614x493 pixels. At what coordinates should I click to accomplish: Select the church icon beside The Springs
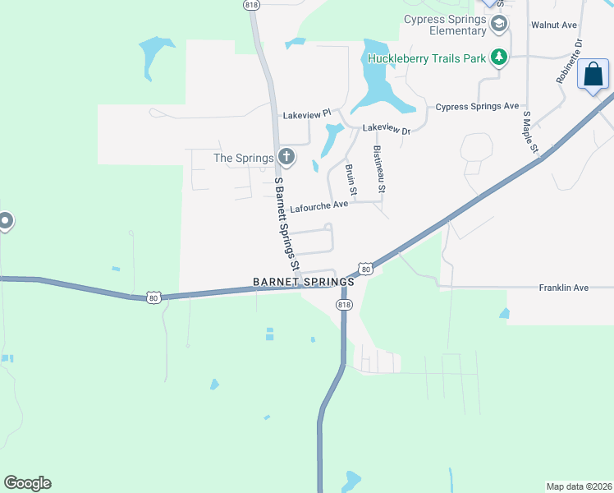coord(286,156)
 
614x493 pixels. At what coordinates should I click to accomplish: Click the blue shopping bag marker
coord(593,76)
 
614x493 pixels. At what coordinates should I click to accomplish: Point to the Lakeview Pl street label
coord(305,114)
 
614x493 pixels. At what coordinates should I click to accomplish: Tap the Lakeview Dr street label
coord(386,129)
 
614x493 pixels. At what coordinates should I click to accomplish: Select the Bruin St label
coord(351,180)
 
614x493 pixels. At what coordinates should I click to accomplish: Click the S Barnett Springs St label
coord(286,224)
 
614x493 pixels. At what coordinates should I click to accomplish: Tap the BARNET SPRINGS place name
coord(303,281)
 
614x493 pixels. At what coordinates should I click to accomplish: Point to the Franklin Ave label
coord(564,288)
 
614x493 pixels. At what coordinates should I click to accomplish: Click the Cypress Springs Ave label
coord(477,107)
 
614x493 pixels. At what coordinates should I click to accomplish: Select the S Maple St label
coord(529,132)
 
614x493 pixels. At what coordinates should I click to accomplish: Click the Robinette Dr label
coord(568,62)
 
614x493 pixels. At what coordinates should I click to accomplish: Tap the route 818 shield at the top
coord(252,5)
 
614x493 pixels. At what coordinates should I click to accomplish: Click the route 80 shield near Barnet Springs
coord(366,269)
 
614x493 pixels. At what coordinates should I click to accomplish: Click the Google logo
coord(27,483)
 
